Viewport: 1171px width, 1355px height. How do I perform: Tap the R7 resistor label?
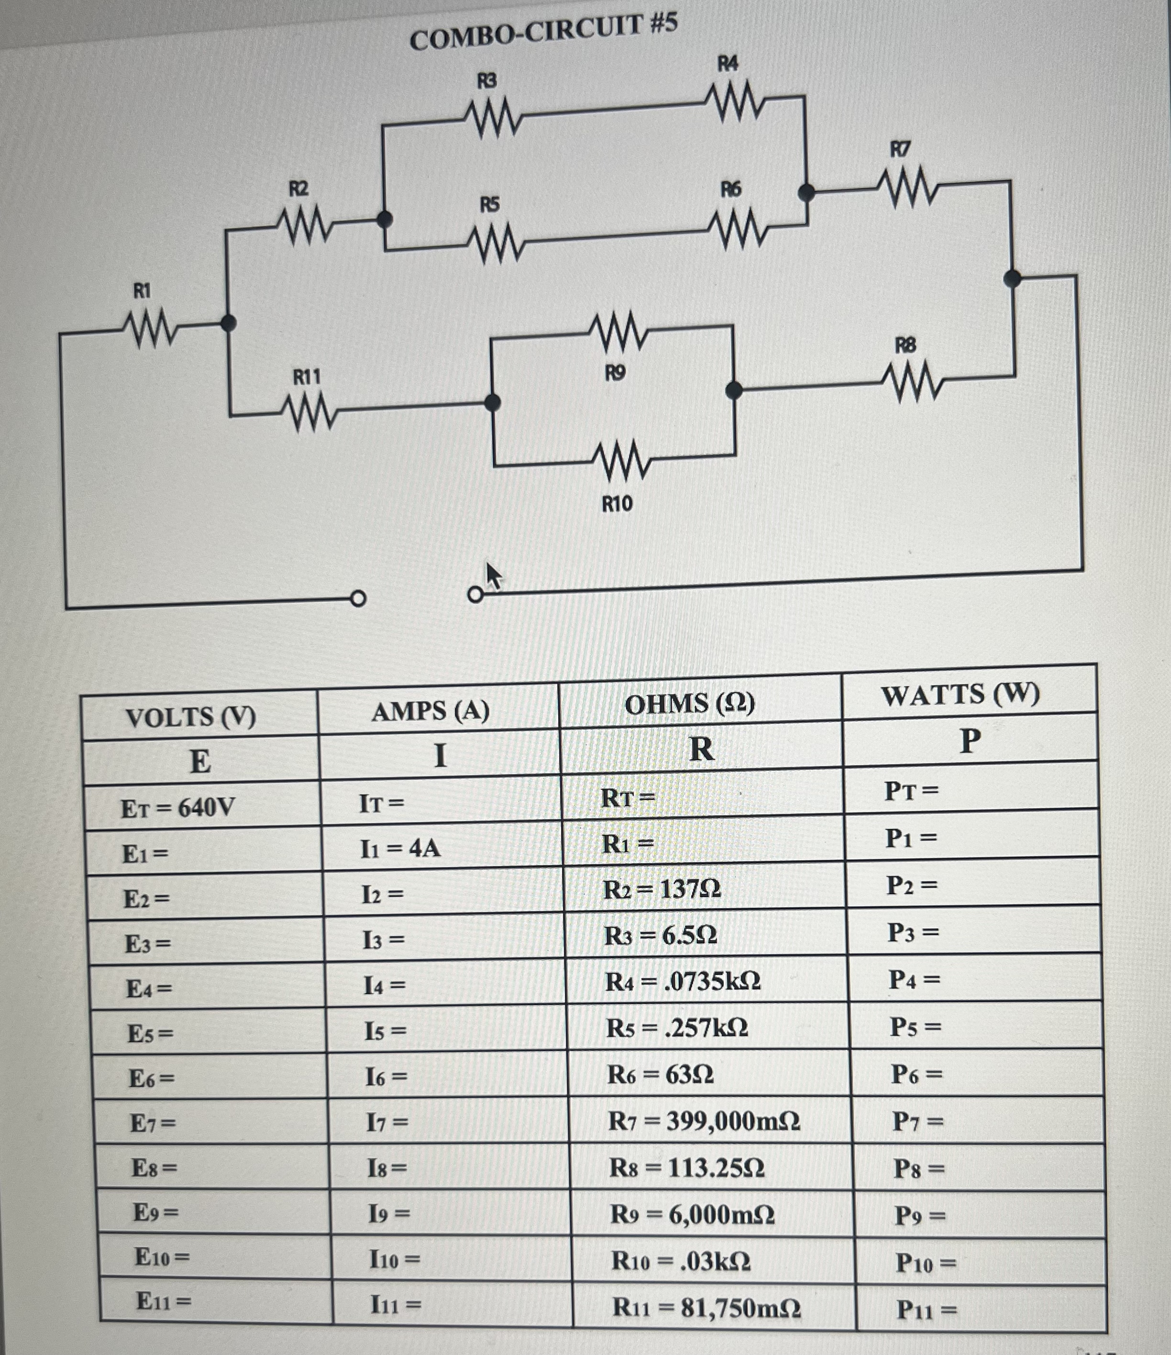coord(900,149)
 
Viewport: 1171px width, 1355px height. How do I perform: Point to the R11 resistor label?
coord(306,378)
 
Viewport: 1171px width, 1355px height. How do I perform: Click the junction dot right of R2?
coord(385,219)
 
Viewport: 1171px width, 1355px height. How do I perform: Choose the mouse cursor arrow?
coord(493,576)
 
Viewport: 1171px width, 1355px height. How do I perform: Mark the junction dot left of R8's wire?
coord(734,390)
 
